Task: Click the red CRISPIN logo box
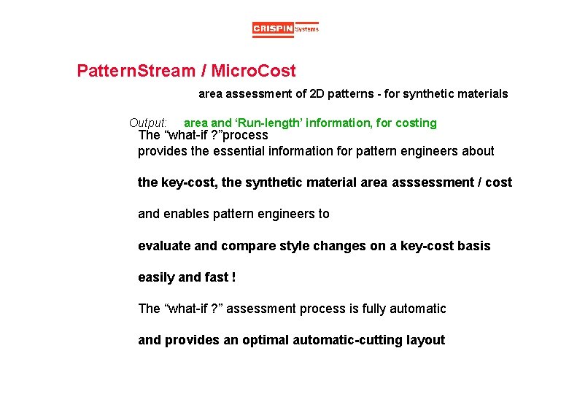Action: point(273,29)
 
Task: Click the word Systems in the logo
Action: point(307,29)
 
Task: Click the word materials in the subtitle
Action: point(480,94)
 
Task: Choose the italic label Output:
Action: point(148,123)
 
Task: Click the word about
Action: point(478,152)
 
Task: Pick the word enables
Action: point(186,215)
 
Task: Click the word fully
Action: point(379,309)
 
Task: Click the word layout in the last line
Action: point(425,341)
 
